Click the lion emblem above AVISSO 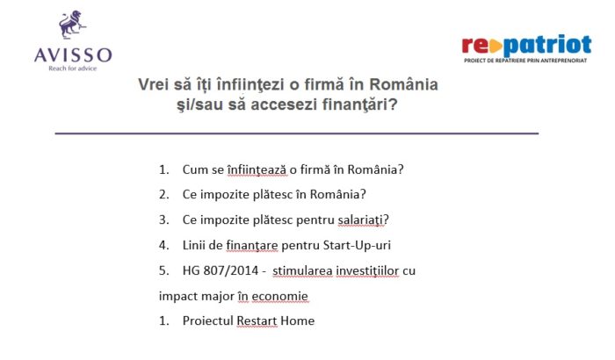72,25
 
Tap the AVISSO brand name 73,55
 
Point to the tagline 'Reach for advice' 73,68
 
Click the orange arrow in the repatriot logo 496,47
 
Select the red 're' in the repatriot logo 475,45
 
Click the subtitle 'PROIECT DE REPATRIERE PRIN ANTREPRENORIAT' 525,61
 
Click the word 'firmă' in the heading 305,84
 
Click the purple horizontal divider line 297,133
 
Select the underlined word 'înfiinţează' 257,169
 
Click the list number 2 163,195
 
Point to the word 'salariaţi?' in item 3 363,220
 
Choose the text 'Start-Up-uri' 357,246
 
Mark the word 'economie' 279,296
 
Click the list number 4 163,246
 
